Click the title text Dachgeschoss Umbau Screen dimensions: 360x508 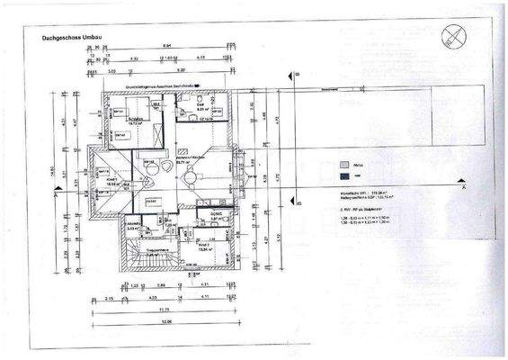tap(68, 39)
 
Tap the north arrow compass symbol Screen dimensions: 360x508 tap(452, 35)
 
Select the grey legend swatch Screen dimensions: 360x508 tap(344, 165)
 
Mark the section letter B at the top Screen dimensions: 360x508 tap(296, 76)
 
